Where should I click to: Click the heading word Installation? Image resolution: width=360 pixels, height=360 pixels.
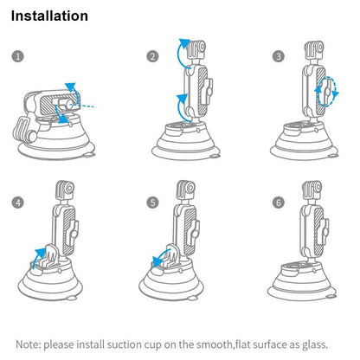[x=49, y=16]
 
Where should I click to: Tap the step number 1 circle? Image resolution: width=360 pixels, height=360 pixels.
[x=18, y=56]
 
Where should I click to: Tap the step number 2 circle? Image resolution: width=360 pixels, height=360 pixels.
[x=152, y=56]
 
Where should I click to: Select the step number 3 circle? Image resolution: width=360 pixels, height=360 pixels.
[x=278, y=56]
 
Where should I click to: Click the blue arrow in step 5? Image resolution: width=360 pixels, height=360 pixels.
[x=157, y=256]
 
